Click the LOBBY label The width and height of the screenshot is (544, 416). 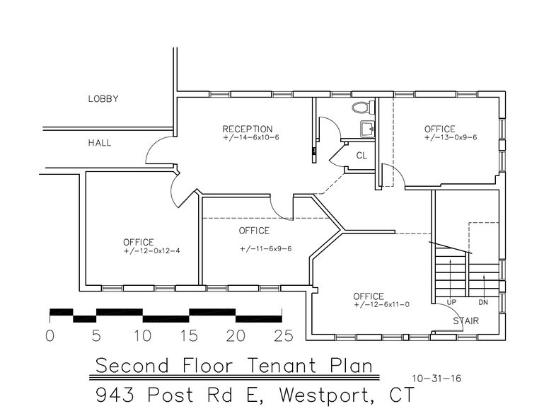[103, 99]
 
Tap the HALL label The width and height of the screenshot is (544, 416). [100, 143]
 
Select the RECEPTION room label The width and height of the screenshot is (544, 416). [247, 129]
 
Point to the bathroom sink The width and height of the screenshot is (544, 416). [366, 128]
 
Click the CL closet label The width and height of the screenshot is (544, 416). [361, 155]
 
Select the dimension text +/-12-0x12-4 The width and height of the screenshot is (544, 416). [151, 251]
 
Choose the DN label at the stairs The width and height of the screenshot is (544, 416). [484, 304]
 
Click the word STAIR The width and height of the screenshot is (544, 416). [466, 321]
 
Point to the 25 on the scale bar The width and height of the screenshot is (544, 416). [283, 336]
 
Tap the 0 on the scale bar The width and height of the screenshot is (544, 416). [50, 336]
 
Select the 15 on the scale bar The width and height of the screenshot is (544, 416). [189, 336]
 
